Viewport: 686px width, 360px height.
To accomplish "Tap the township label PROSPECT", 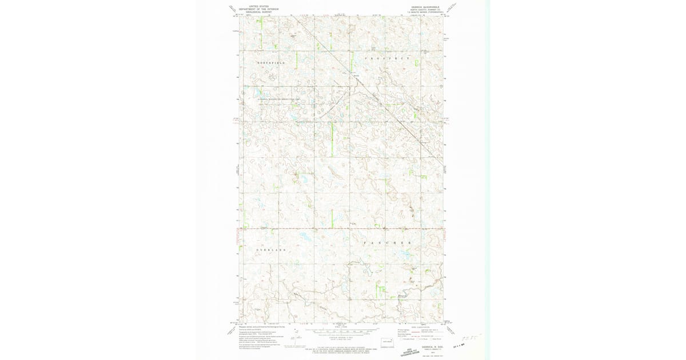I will point(387,59).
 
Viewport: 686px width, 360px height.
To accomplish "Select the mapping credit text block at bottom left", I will point(255,337).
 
